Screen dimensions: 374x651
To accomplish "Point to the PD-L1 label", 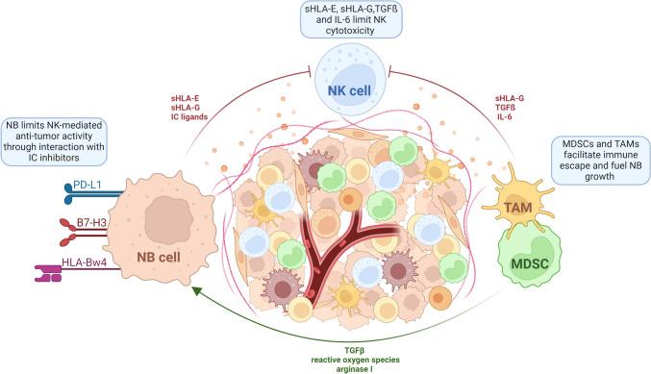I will (x=86, y=177).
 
